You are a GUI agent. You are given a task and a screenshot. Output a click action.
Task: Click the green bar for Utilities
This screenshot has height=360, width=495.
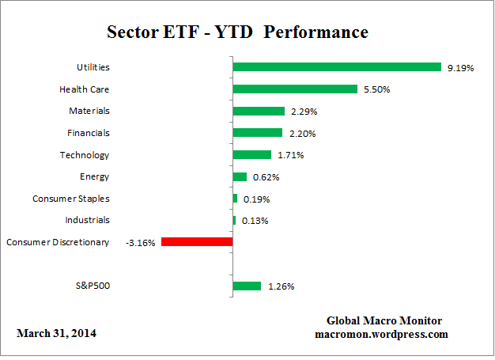pyautogui.click(x=336, y=67)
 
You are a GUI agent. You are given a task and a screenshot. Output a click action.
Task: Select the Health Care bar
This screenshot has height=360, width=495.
pyautogui.click(x=294, y=89)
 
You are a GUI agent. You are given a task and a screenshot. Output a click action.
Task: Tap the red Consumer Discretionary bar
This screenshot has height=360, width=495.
pyautogui.click(x=196, y=242)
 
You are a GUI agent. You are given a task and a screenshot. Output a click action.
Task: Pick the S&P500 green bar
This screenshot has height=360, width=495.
pyautogui.click(x=247, y=286)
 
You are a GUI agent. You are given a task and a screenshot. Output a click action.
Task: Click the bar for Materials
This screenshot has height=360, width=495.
pyautogui.click(x=259, y=111)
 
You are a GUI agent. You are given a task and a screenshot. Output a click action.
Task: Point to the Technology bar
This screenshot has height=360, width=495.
pyautogui.click(x=251, y=155)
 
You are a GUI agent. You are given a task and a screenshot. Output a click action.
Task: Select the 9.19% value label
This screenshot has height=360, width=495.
pyautogui.click(x=459, y=68)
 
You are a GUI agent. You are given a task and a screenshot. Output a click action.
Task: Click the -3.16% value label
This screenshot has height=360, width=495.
pyautogui.click(x=141, y=242)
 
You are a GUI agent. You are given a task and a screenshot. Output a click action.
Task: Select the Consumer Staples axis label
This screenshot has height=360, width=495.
pyautogui.click(x=71, y=199)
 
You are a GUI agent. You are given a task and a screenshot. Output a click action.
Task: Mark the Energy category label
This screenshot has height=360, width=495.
pyautogui.click(x=94, y=176)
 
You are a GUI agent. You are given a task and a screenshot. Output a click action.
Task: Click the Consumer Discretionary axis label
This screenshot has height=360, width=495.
pyautogui.click(x=58, y=242)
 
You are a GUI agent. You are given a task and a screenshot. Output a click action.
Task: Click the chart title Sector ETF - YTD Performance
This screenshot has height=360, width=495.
pyautogui.click(x=237, y=32)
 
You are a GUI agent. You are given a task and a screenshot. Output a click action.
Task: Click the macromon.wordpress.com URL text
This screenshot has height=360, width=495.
pyautogui.click(x=381, y=334)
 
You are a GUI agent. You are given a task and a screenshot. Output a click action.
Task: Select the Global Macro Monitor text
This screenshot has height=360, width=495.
pyautogui.click(x=384, y=320)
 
